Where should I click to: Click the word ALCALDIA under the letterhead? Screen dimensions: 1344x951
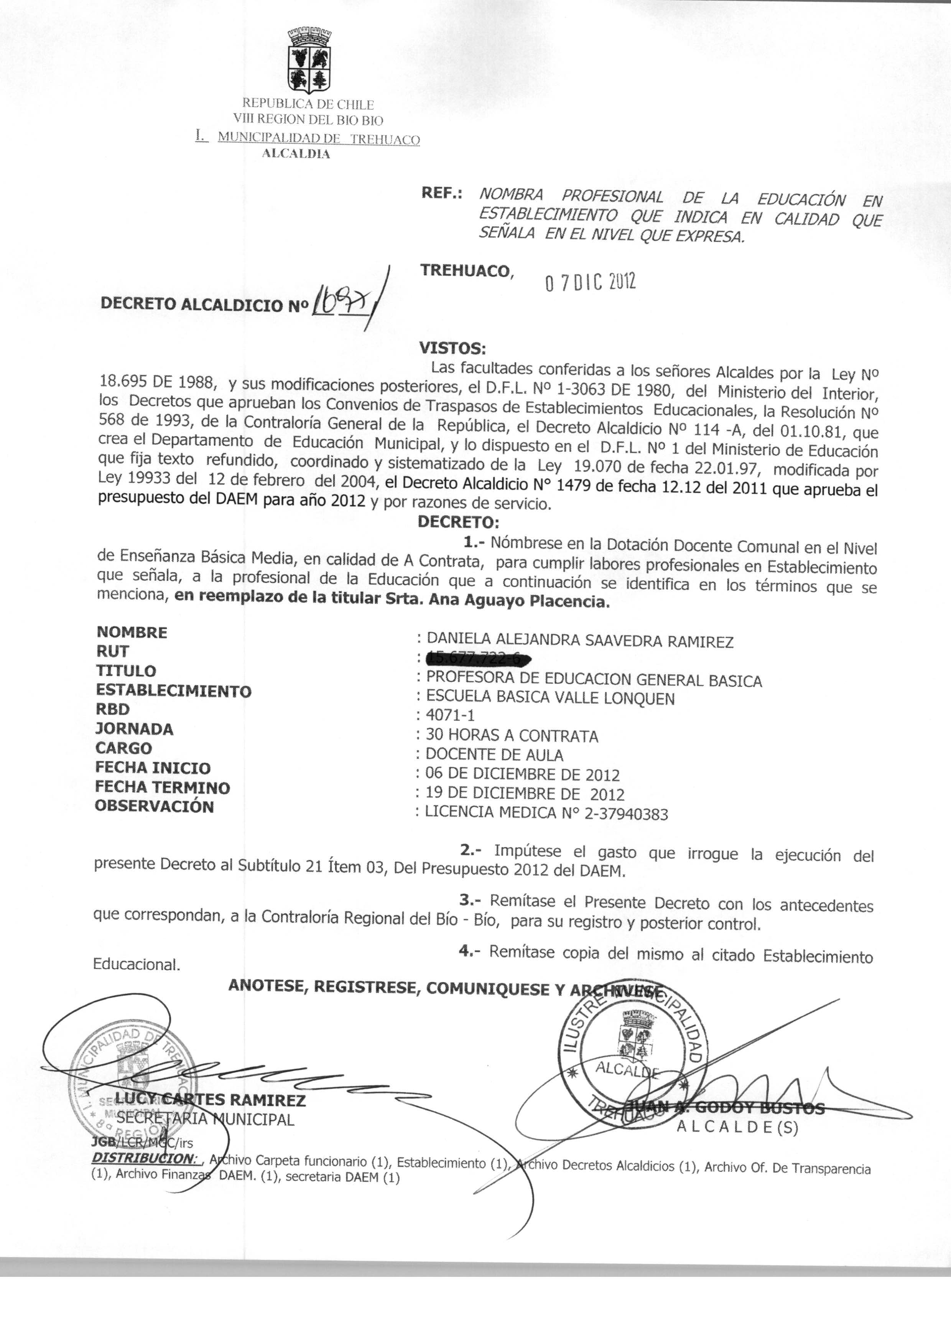(296, 154)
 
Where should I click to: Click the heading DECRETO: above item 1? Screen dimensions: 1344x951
(458, 521)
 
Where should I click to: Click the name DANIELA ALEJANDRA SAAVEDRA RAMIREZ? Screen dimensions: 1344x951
(580, 641)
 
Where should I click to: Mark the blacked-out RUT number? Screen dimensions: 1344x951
(477, 659)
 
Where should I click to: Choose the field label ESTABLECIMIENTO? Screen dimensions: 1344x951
(173, 691)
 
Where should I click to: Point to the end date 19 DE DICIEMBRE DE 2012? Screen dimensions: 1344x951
(525, 794)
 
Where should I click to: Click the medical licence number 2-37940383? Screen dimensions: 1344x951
(626, 814)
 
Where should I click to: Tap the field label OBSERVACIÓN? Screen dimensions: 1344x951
(155, 806)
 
